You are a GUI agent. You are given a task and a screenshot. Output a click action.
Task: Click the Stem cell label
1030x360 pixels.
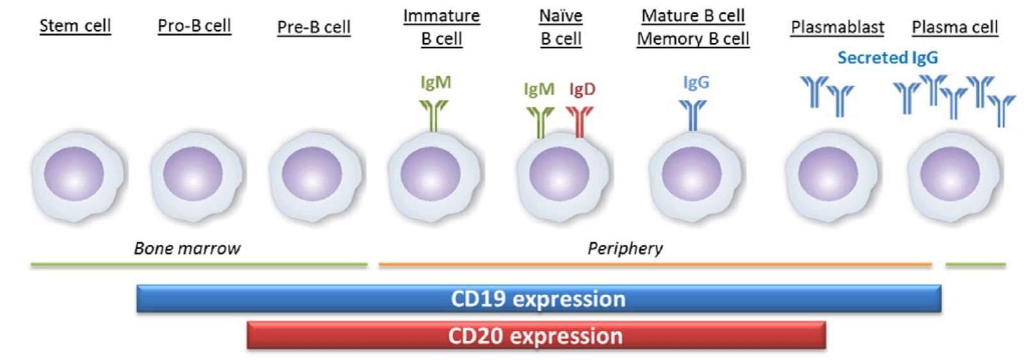(x=75, y=26)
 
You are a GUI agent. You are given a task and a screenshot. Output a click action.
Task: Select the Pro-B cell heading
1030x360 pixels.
(x=194, y=26)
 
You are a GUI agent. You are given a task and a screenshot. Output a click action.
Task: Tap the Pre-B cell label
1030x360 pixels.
(x=313, y=27)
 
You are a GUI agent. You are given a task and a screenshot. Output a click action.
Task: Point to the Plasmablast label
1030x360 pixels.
(x=837, y=27)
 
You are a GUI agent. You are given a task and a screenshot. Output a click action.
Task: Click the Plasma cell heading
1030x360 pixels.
(x=955, y=27)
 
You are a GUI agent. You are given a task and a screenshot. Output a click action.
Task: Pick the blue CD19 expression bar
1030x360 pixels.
(x=538, y=299)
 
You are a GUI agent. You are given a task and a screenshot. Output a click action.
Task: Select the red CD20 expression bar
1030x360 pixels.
(x=536, y=336)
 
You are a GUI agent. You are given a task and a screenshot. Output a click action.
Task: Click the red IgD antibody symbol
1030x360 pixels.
(x=579, y=121)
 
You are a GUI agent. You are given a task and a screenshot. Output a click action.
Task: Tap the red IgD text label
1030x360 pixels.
(x=582, y=89)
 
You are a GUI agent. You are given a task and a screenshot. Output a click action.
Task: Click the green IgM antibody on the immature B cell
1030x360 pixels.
(x=433, y=115)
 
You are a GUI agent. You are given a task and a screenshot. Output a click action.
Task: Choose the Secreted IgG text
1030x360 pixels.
(x=887, y=58)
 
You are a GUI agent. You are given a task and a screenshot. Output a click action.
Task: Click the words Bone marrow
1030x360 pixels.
(x=187, y=248)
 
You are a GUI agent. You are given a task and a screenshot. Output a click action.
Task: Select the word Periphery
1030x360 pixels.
(x=625, y=248)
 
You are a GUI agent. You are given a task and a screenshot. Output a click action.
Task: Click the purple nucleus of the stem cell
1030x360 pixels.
(x=74, y=173)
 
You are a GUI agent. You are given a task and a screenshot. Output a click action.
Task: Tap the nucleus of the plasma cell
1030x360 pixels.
(x=950, y=173)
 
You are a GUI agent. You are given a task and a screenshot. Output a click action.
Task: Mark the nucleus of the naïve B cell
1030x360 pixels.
(x=559, y=173)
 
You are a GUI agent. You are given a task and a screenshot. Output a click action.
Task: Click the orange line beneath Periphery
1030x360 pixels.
(x=654, y=264)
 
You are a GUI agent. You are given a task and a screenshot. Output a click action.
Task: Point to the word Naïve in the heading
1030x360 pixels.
(x=560, y=15)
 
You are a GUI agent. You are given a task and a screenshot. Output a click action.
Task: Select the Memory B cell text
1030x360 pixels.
(x=693, y=39)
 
